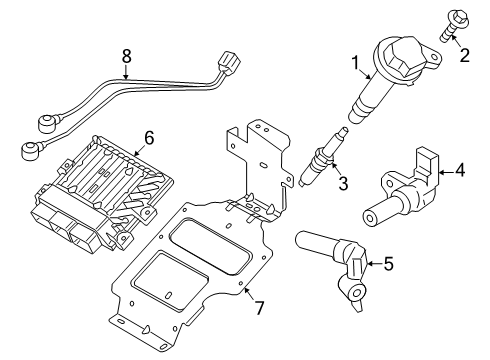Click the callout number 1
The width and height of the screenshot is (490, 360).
tap(356, 63)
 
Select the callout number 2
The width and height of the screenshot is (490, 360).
tap(465, 55)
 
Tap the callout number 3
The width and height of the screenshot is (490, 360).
tap(343, 183)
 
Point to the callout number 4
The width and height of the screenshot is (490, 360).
tap(460, 171)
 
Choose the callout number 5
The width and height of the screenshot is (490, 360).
tap(388, 263)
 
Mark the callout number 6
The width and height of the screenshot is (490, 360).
tap(149, 137)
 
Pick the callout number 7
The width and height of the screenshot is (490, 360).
tap(259, 308)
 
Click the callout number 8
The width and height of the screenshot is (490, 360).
tap(126, 56)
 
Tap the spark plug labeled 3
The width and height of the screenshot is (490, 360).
tap(323, 157)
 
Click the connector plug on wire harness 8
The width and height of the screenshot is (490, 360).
tap(228, 62)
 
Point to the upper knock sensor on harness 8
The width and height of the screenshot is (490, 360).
tap(47, 123)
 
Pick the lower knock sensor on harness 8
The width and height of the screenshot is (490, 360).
tap(31, 150)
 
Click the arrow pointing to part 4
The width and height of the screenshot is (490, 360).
tap(446, 172)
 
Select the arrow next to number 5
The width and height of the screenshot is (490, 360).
tap(374, 264)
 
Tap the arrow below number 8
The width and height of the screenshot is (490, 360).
tap(126, 72)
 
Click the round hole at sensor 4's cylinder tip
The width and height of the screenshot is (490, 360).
tap(370, 219)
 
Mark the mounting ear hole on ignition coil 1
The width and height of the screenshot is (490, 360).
tap(435, 57)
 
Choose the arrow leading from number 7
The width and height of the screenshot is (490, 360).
tap(249, 293)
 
